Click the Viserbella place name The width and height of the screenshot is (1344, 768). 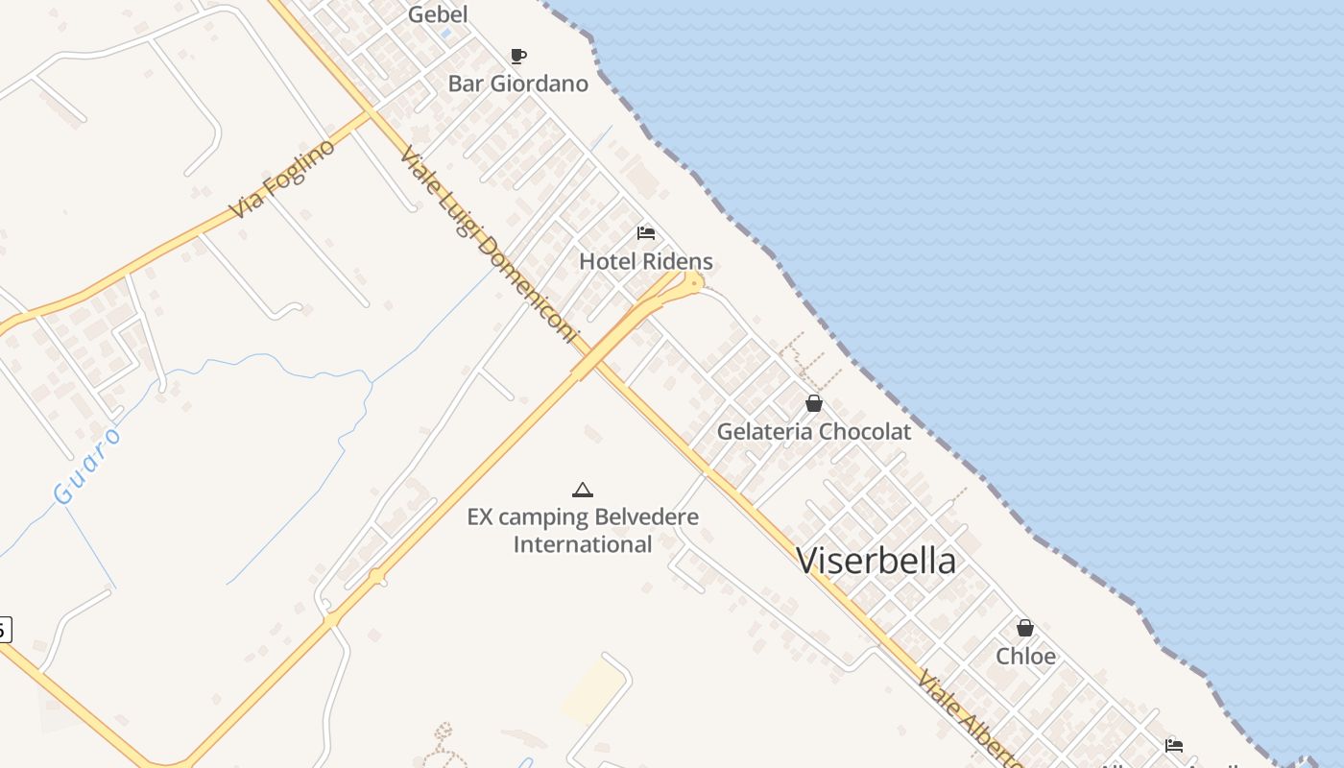876,561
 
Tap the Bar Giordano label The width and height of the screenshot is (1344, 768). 517,84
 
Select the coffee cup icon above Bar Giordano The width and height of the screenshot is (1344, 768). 518,56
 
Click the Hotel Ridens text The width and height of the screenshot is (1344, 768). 645,261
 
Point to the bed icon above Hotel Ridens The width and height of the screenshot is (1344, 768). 646,233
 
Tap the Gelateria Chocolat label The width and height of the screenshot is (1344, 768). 813,432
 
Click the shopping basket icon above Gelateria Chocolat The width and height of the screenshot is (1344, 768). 814,403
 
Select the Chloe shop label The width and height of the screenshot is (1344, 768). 1025,657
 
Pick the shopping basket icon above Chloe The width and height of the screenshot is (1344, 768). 1025,628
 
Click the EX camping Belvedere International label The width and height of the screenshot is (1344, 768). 583,531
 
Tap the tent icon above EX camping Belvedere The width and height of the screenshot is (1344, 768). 583,491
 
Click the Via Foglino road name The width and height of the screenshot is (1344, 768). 282,178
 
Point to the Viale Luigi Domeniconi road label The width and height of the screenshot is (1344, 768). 490,245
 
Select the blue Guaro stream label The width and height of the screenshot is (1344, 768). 87,467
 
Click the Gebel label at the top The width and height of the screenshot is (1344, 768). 438,14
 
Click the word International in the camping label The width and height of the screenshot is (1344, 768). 583,544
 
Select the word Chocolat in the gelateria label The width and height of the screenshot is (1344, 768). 862,432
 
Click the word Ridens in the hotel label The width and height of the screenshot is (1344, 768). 678,261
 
